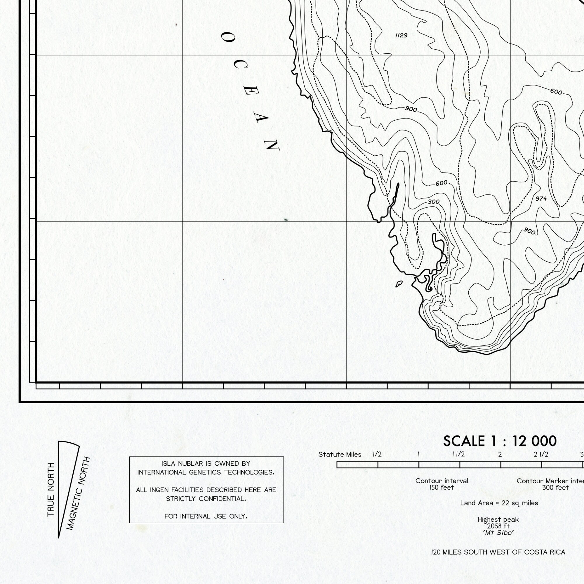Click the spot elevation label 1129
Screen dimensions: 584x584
pos(401,36)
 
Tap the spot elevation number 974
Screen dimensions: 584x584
pos(541,199)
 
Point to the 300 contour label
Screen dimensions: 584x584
pos(433,202)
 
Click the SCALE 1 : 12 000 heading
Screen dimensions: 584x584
pos(500,441)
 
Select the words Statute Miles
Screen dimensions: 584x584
pos(340,455)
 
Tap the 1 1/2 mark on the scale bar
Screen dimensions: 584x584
pos(458,454)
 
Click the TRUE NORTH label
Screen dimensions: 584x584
pos(51,489)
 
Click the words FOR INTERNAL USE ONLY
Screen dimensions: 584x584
pos(206,516)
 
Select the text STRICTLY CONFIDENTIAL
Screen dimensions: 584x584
pos(206,499)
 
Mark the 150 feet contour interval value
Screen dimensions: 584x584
pos(442,488)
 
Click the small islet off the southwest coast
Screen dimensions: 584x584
pos(399,284)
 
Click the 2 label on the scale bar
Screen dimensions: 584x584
pos(500,454)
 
